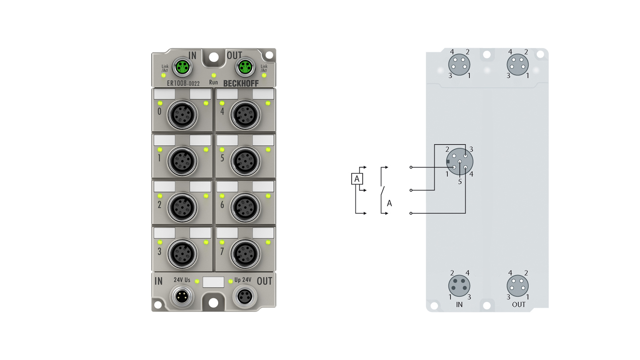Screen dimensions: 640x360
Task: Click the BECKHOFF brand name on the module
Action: tap(241, 84)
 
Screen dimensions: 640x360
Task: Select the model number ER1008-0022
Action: tap(183, 84)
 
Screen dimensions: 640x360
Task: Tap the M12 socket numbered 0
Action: tap(182, 115)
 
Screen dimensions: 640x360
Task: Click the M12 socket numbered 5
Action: tap(245, 161)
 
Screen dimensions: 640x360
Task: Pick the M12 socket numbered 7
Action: tap(245, 254)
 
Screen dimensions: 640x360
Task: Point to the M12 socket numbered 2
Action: tap(182, 208)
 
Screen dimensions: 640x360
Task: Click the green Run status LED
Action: tap(213, 76)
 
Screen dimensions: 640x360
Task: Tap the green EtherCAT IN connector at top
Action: tap(183, 67)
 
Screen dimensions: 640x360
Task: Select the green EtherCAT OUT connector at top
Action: tap(245, 67)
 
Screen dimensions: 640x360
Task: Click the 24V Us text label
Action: tap(182, 280)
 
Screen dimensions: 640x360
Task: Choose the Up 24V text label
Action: tap(243, 280)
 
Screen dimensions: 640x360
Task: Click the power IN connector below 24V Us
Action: tap(182, 297)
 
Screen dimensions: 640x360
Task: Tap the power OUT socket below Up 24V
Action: tap(244, 297)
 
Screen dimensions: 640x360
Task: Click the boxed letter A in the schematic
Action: tap(357, 179)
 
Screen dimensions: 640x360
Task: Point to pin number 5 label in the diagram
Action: tap(460, 182)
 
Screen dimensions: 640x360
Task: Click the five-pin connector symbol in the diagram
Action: tap(460, 161)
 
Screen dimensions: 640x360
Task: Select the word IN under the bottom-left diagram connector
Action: tap(459, 305)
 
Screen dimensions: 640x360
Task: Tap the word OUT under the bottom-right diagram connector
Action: tap(519, 305)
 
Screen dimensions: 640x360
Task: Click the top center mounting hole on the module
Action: tap(213, 57)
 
